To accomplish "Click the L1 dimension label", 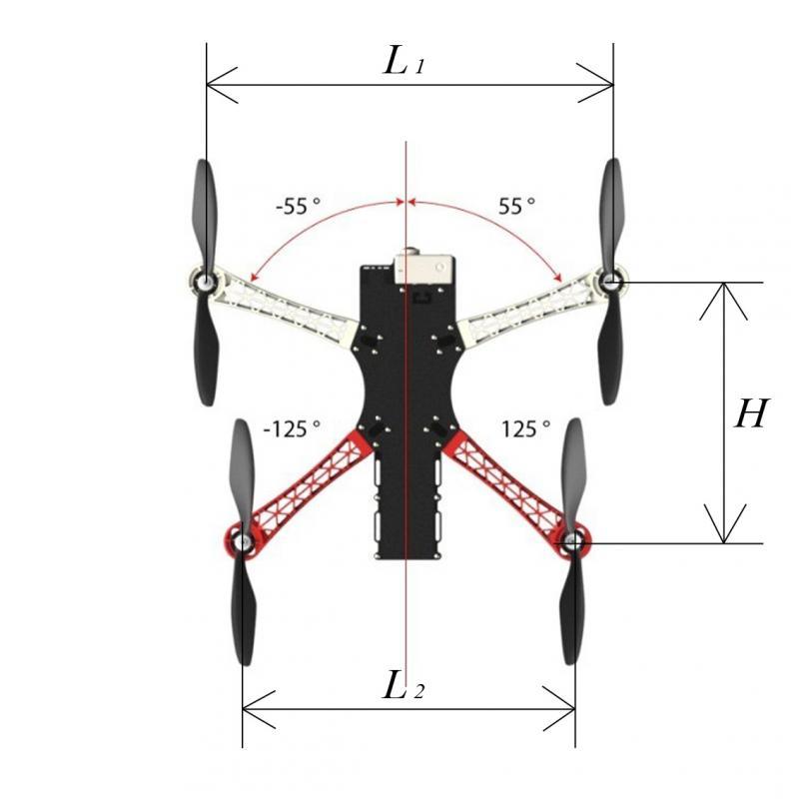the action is [x=403, y=61].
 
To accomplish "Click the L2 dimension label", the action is [x=403, y=685].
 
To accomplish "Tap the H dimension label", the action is [x=751, y=413].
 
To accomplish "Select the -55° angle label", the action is [x=298, y=207].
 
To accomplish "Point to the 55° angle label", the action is [x=516, y=207].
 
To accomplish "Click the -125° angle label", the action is [x=292, y=429].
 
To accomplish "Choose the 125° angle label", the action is [x=526, y=429].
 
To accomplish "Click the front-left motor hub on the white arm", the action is [x=205, y=281].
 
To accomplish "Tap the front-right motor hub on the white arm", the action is [x=608, y=280].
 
